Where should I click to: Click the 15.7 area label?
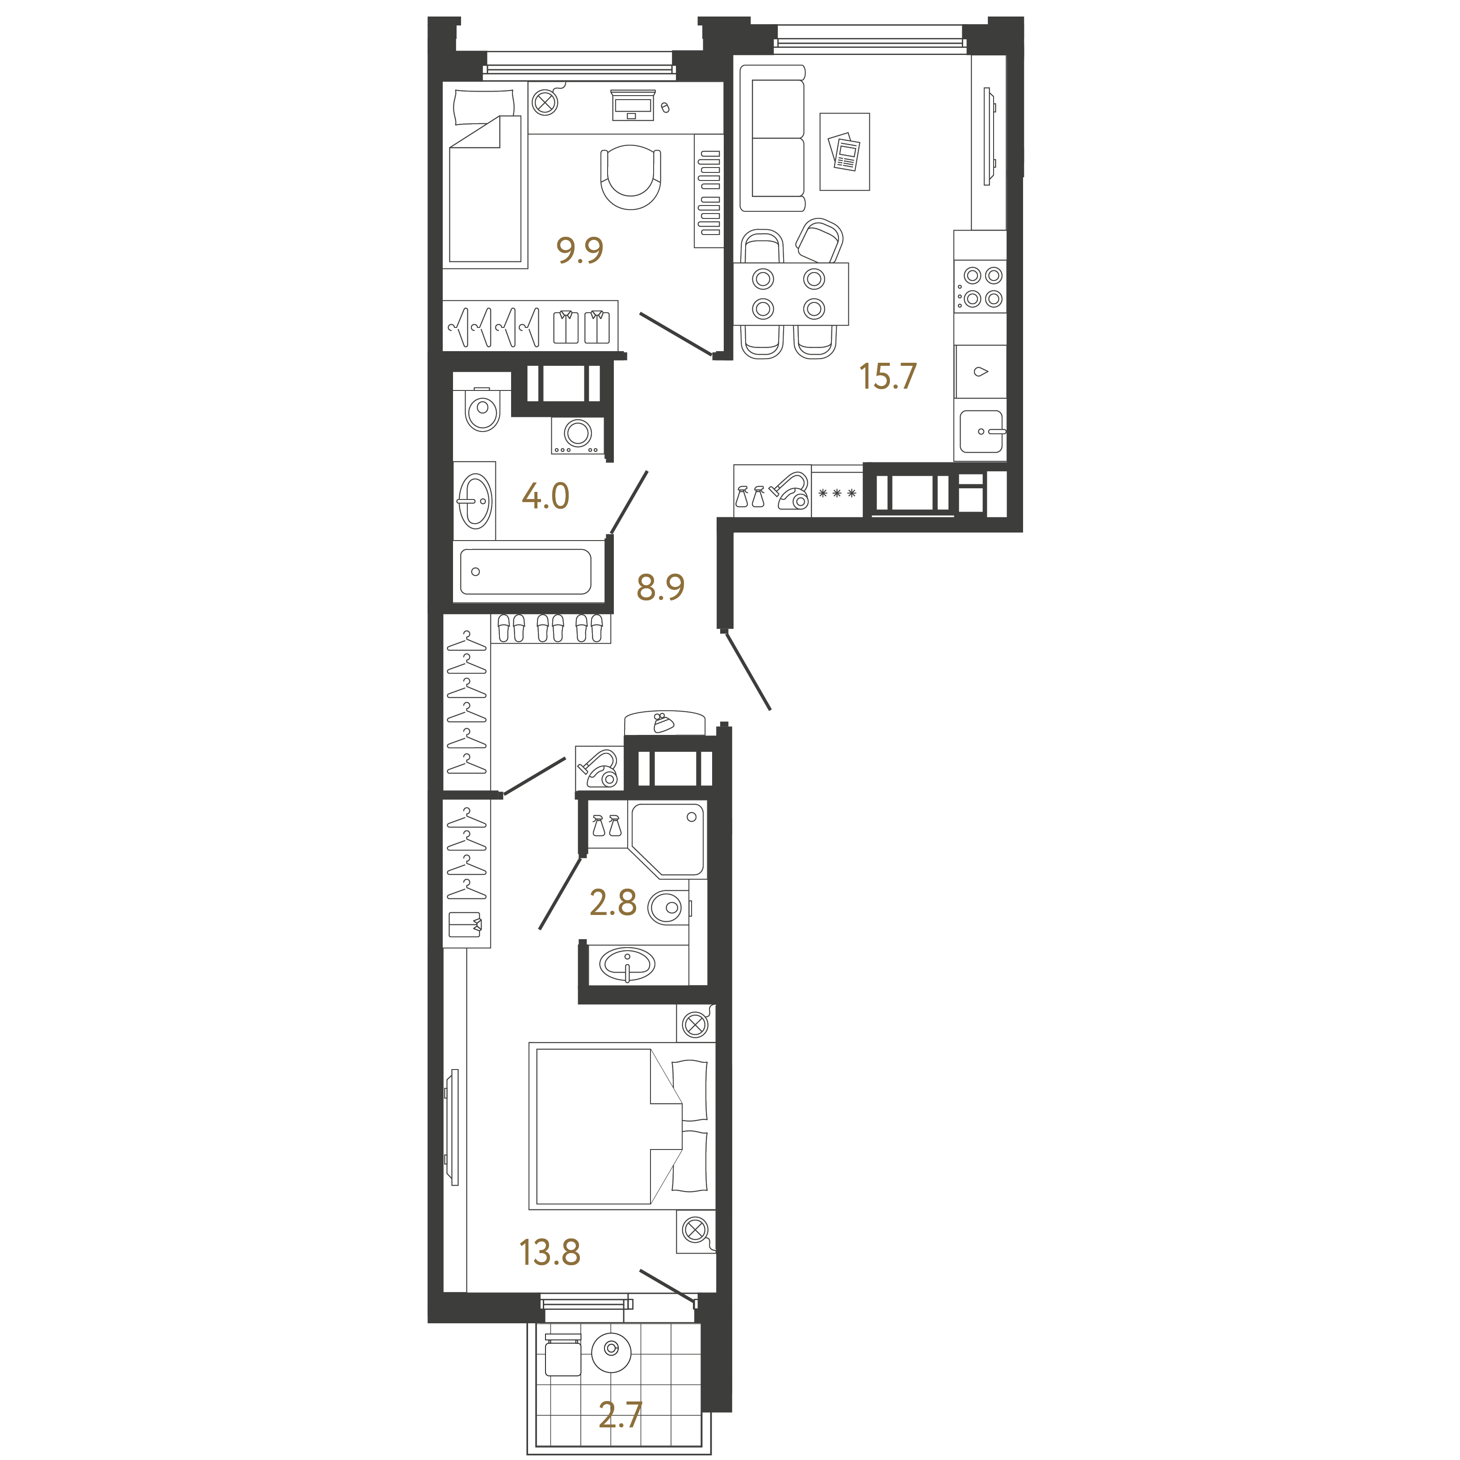coord(888,376)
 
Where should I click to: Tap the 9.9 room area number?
coord(579,249)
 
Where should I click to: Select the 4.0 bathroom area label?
coord(545,496)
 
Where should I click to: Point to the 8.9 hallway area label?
coord(660,587)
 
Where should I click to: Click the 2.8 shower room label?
coord(613,902)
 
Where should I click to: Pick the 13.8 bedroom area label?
coord(550,1252)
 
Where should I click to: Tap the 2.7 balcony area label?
coord(621,1415)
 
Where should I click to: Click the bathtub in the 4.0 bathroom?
coord(525,572)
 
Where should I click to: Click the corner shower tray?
coord(667,839)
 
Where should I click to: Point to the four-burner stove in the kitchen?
coord(980,287)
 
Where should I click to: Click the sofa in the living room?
coord(772,138)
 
